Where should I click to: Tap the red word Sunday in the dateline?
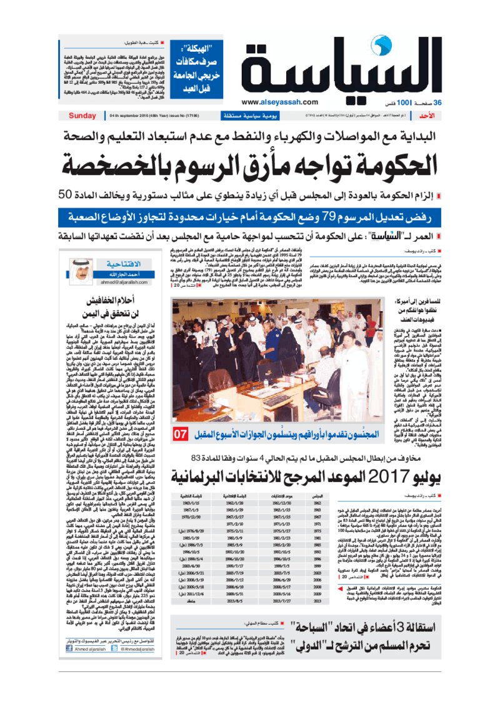[x=82, y=116]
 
